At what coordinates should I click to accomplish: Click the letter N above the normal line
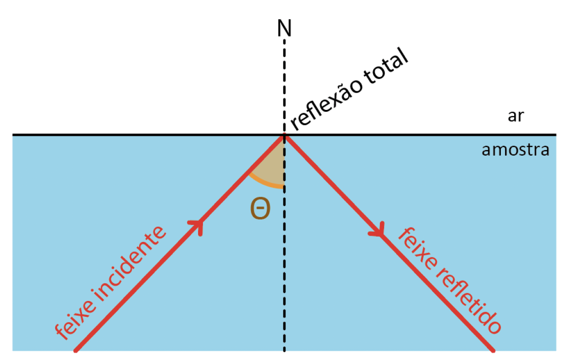(284, 29)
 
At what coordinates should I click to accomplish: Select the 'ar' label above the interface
(515, 117)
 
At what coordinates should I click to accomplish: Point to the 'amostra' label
(515, 150)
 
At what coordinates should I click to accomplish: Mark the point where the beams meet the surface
(284, 136)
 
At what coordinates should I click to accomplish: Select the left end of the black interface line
(13, 135)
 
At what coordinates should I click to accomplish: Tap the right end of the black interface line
(555, 135)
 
